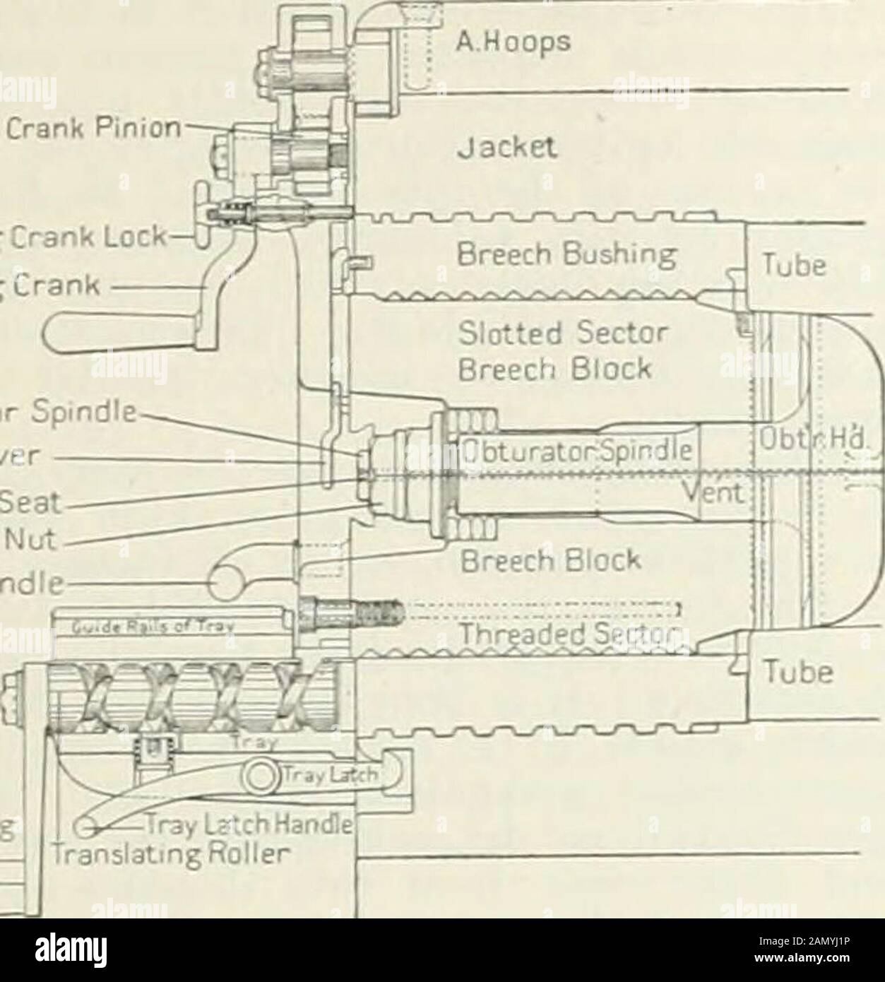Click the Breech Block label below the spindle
pos(550,560)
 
